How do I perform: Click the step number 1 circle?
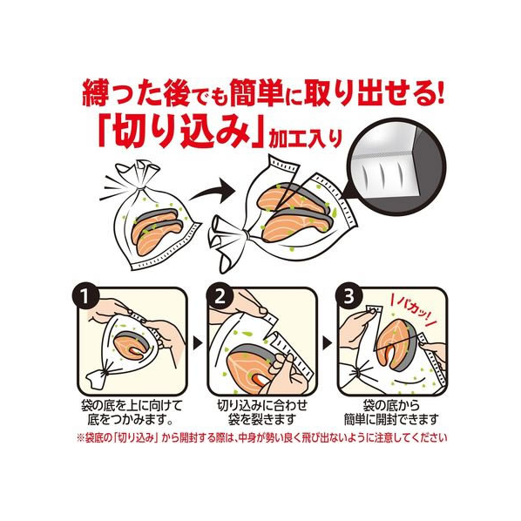coord(85,297)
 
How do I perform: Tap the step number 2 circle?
coord(220,297)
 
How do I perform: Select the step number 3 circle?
coord(348,297)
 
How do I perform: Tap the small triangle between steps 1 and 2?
coord(198,343)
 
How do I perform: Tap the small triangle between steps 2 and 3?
coord(328,343)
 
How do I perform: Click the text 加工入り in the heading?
coord(305,139)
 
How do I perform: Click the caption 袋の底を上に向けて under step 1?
coord(132,406)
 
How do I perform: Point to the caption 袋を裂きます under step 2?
coord(262,420)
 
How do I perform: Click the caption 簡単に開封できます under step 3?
coord(391,420)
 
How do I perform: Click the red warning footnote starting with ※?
coord(262,438)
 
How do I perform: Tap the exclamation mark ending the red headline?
coord(439,92)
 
